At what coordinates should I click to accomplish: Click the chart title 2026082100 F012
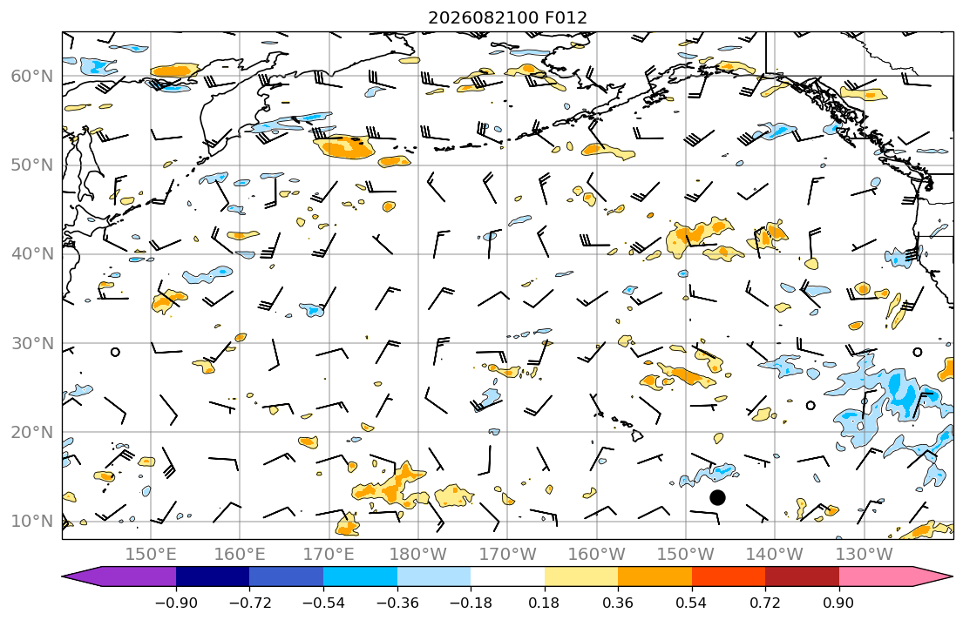[x=507, y=17]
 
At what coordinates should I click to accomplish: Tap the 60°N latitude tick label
[x=32, y=76]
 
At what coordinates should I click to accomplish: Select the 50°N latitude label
[x=32, y=165]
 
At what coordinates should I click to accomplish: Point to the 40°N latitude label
[x=32, y=254]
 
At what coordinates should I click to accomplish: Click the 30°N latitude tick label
[x=32, y=343]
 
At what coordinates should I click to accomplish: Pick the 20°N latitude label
[x=32, y=432]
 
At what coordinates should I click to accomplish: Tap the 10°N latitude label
[x=32, y=522]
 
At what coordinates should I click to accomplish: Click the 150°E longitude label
[x=151, y=555]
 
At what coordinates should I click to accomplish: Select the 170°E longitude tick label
[x=329, y=555]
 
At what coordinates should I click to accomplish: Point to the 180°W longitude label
[x=418, y=555]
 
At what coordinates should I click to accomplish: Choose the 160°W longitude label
[x=596, y=555]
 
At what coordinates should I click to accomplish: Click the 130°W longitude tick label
[x=865, y=555]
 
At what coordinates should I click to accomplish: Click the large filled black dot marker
[x=717, y=497]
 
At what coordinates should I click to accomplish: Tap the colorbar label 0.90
[x=839, y=603]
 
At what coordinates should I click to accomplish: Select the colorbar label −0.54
[x=323, y=603]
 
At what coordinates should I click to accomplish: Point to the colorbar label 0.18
[x=544, y=603]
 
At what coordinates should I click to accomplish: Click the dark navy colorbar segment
[x=213, y=576]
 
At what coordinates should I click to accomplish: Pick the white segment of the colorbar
[x=507, y=576]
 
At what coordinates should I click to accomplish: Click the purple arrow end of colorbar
[x=119, y=576]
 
